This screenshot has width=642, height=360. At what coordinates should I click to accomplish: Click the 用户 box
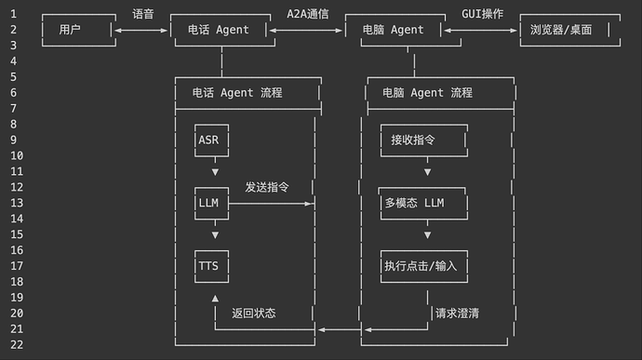click(77, 30)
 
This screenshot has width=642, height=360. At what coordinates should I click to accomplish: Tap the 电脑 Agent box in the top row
click(394, 30)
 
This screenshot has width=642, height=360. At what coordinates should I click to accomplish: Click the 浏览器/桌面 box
click(568, 30)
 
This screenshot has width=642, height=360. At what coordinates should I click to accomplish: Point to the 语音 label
click(142, 14)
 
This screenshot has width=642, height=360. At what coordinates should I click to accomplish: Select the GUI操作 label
click(482, 14)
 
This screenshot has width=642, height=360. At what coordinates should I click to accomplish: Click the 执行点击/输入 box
click(424, 266)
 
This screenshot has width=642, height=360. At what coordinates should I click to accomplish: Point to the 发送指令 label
click(267, 187)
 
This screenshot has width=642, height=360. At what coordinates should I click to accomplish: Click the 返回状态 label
click(253, 313)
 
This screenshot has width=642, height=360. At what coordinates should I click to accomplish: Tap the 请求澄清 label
click(457, 313)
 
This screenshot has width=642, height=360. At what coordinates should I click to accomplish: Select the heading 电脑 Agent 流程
click(427, 93)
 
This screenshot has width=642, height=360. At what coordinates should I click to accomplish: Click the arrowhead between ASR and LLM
click(215, 171)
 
